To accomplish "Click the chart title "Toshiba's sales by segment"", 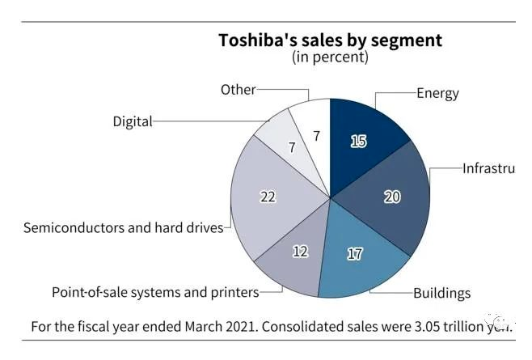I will click(330, 40).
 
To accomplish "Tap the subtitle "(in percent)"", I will click(330, 57).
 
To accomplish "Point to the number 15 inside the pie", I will click(359, 141).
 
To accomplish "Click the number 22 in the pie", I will click(268, 196).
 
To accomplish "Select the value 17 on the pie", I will click(354, 253).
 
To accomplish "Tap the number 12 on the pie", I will click(300, 251).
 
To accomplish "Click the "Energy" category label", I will click(437, 93).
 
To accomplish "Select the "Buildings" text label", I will click(441, 293).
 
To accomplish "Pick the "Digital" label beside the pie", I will click(132, 122).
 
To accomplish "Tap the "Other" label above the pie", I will click(238, 90).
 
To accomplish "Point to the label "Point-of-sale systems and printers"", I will click(155, 292).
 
